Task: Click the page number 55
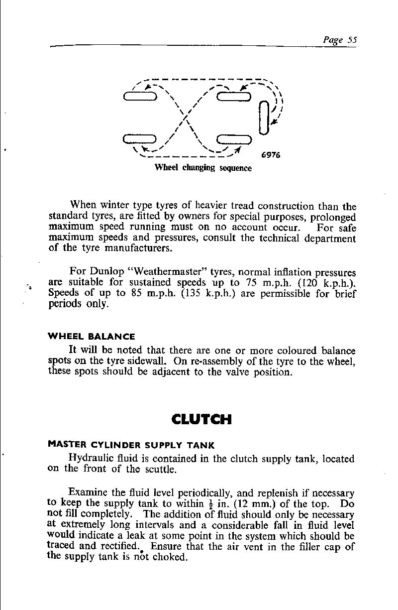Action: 352,40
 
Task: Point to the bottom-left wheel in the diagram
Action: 140,139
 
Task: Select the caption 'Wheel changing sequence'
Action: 203,168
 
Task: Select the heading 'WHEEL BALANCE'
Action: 91,337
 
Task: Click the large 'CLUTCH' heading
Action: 201,420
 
